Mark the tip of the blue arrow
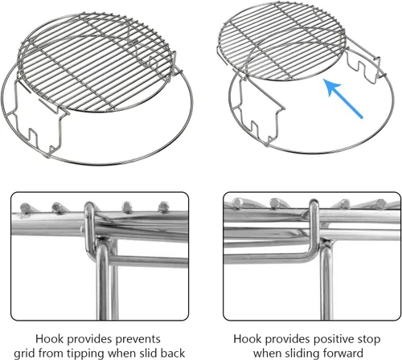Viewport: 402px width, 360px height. (x=324, y=81)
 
